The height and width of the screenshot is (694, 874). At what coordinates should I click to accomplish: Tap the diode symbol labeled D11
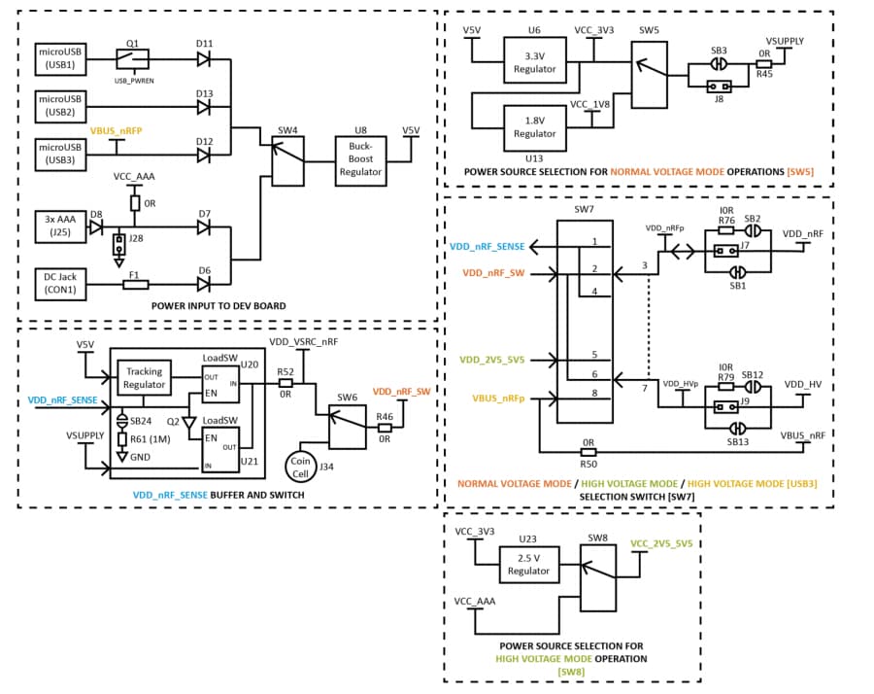[204, 59]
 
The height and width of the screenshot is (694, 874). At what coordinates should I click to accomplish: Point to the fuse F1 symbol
[136, 284]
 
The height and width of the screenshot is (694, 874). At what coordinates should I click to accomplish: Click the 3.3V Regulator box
[534, 61]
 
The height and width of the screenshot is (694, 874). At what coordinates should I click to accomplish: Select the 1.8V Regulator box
[534, 126]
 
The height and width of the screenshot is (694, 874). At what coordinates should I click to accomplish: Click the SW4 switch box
[287, 160]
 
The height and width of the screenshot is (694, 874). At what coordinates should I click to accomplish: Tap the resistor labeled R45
[763, 65]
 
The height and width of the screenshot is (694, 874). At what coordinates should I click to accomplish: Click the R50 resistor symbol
[588, 452]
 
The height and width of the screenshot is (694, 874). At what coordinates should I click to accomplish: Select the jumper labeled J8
[720, 85]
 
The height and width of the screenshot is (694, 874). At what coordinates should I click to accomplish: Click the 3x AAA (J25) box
[60, 226]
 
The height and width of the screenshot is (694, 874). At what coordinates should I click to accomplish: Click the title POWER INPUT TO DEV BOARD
[218, 306]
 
